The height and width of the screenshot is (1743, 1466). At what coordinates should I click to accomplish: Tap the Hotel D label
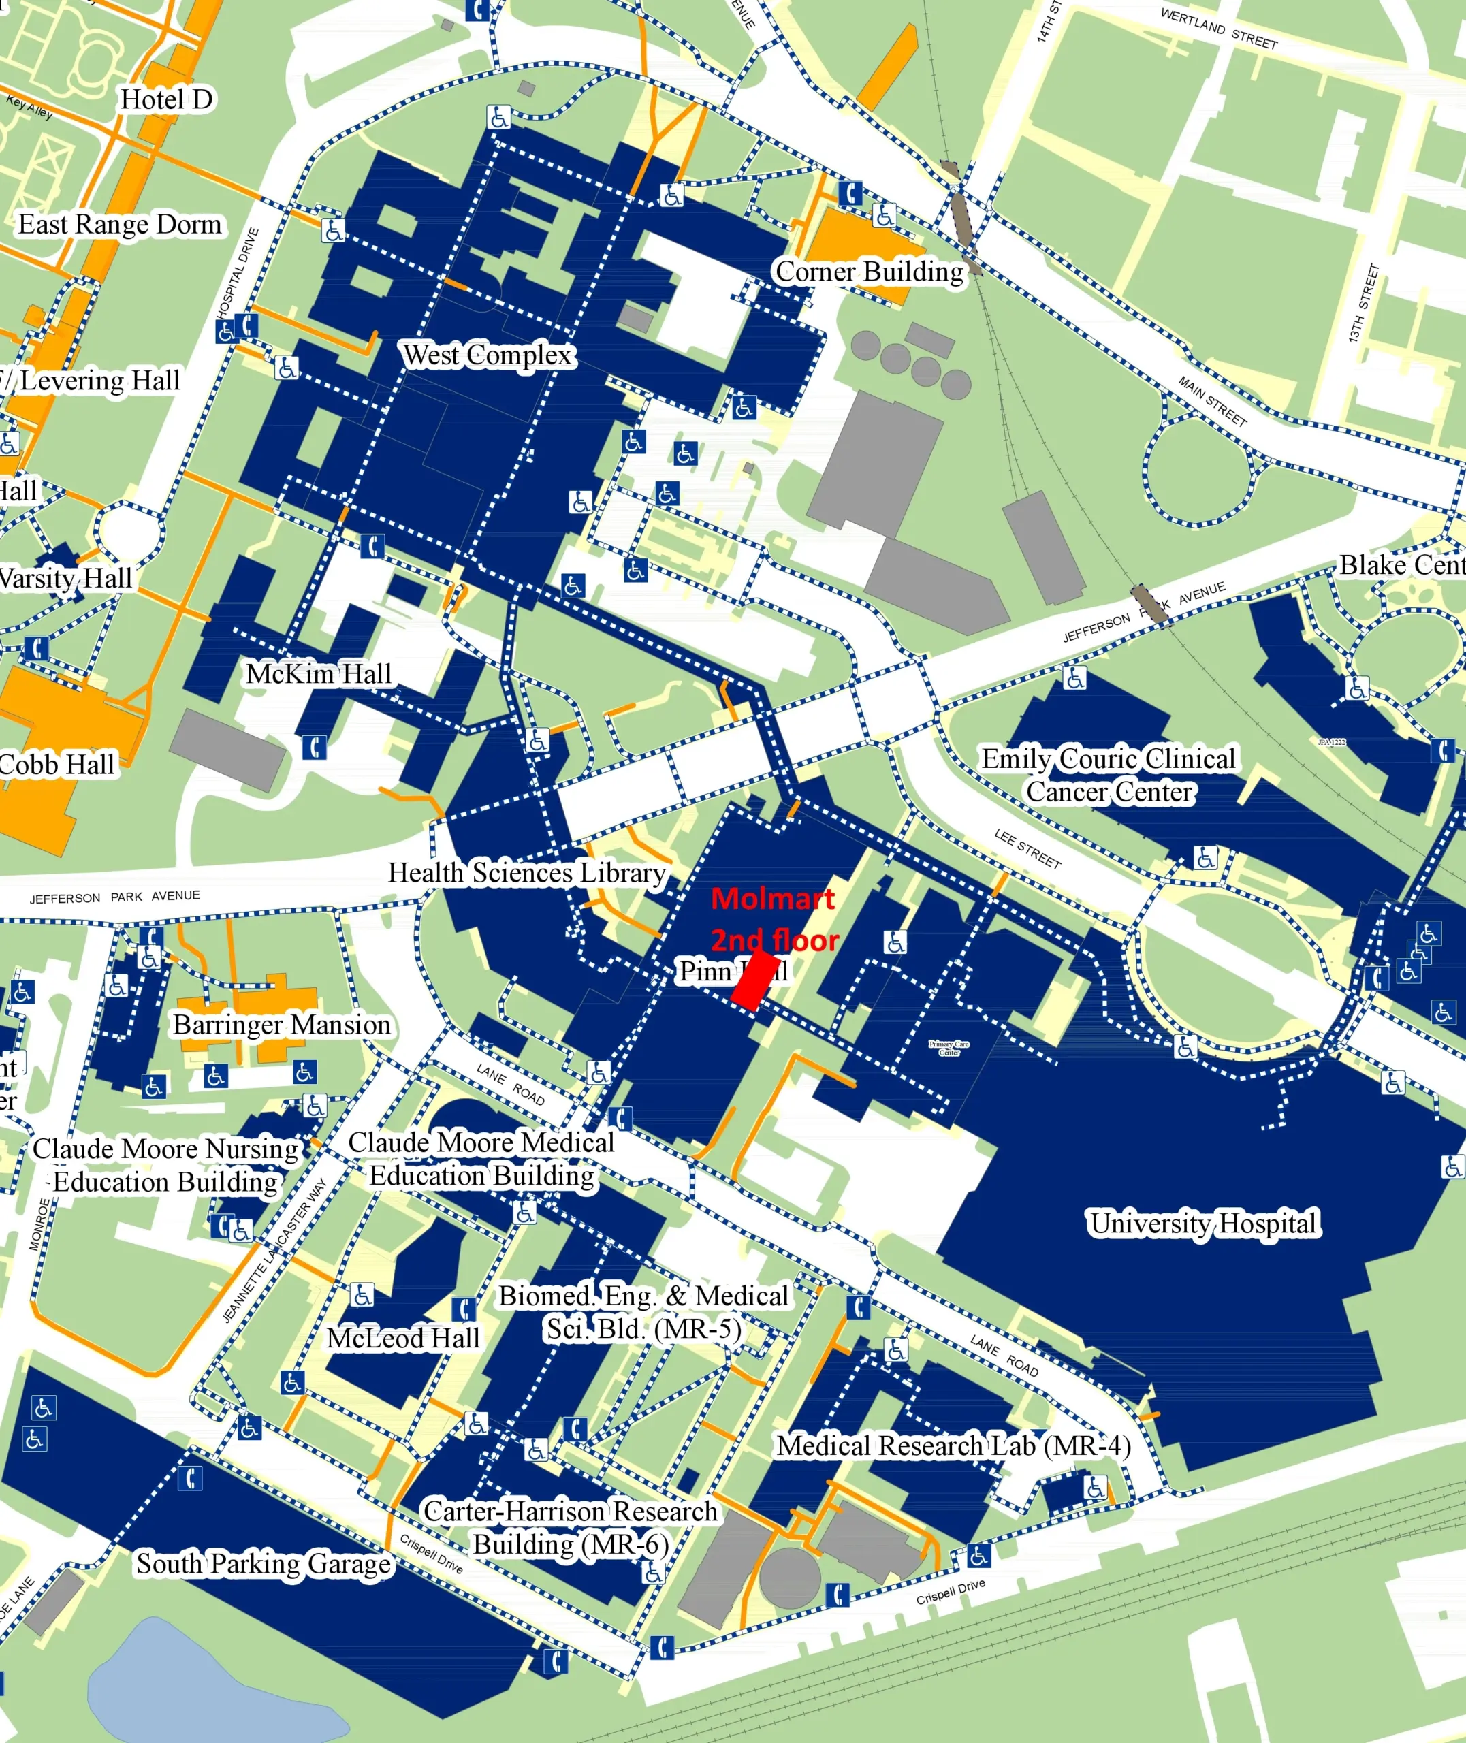click(166, 99)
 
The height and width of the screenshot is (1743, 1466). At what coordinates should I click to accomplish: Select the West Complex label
click(488, 355)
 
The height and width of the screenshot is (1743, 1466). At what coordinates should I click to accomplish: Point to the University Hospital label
click(1203, 1223)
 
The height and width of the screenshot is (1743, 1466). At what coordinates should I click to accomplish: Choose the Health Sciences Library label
click(528, 872)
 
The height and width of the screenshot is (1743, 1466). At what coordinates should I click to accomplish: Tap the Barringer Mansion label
click(282, 1025)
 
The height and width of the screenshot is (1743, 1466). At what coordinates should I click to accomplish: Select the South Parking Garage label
click(264, 1563)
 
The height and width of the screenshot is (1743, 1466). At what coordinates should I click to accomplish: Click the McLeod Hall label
click(403, 1338)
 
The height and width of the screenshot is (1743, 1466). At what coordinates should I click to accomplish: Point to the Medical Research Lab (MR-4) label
click(953, 1445)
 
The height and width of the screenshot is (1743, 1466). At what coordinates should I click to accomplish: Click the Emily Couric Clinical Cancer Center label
click(1109, 774)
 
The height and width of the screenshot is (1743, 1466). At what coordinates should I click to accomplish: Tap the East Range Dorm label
click(121, 224)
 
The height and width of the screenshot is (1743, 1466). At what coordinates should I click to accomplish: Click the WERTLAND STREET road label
click(1218, 28)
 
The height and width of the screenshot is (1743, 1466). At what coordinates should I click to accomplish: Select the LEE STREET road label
click(1027, 849)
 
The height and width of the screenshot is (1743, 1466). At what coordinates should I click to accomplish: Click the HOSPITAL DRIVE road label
click(238, 272)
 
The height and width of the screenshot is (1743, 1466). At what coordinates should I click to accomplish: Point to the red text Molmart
click(773, 898)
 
